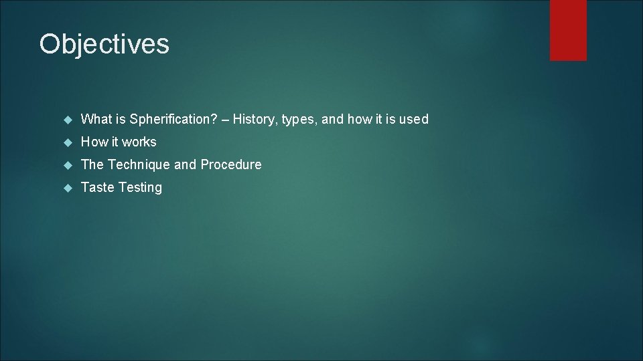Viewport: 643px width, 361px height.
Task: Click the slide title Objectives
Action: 104,45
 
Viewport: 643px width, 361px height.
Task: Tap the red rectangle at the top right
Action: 568,30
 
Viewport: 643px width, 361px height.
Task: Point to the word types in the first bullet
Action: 299,120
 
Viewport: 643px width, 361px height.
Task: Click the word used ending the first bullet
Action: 413,120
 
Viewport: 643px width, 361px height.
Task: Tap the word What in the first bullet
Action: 95,120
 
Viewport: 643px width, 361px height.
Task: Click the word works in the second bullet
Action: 139,142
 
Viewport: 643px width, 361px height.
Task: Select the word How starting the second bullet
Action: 94,142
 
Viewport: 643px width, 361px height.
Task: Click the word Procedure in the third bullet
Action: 231,165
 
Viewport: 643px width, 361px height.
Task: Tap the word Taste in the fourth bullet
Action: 98,188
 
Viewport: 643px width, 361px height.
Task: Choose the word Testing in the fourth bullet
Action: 141,188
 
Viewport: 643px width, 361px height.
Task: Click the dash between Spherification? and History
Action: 225,120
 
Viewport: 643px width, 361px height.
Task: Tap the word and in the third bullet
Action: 185,165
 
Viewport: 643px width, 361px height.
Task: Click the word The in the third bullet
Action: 92,165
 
